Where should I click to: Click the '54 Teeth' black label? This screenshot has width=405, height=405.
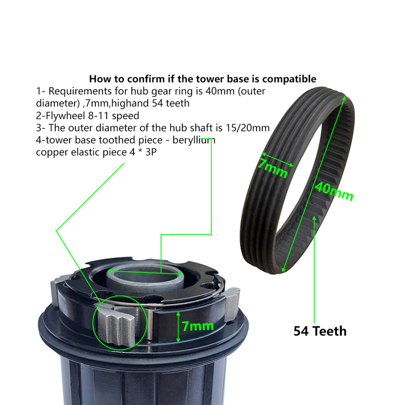coord(320,331)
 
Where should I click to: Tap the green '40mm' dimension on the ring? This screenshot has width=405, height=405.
coord(334,191)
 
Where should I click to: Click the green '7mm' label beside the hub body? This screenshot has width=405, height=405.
coord(198,326)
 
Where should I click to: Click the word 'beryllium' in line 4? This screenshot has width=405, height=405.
coord(194,140)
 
